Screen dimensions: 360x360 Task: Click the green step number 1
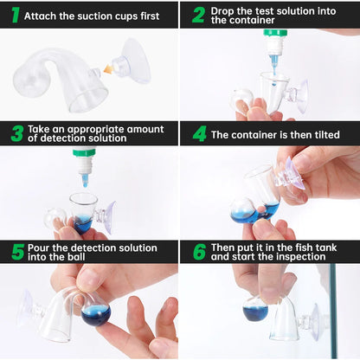(16, 15)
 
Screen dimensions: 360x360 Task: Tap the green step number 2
(199, 15)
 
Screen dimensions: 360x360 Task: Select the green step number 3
(17, 133)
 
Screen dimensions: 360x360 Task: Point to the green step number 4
(200, 133)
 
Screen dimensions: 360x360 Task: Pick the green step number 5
(18, 252)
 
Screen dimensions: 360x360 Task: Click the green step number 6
(200, 252)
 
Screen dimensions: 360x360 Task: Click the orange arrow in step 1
(108, 69)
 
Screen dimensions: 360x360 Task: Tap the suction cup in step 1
(132, 61)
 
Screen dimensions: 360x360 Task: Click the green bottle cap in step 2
(275, 33)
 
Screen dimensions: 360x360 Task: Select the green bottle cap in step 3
(84, 152)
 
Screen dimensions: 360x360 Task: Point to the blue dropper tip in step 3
(85, 180)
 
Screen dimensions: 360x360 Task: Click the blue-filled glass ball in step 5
(95, 312)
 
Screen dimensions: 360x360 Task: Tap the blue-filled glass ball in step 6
(255, 309)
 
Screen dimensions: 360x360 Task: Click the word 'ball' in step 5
(76, 257)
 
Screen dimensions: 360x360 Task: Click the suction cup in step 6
(309, 320)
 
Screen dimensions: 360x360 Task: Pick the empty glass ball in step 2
(241, 100)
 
